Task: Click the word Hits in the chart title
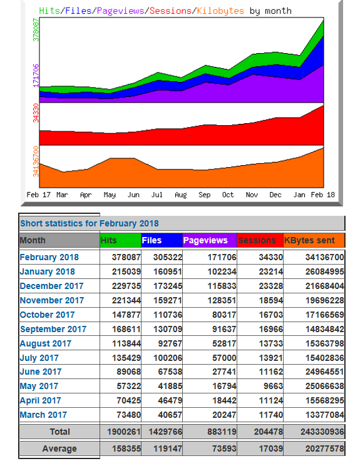click(49, 11)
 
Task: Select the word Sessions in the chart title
click(170, 11)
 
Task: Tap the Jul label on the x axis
click(157, 195)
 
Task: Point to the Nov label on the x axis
click(252, 195)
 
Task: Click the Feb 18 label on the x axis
click(323, 195)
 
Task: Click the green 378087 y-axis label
click(36, 30)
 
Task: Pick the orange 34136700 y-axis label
click(36, 161)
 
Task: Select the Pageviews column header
click(205, 240)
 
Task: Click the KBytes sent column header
click(309, 240)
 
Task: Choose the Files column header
click(152, 240)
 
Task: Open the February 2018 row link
click(49, 257)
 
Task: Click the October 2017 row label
click(48, 315)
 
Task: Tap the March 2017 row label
click(43, 415)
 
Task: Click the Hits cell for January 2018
click(126, 271)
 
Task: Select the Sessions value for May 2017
click(273, 386)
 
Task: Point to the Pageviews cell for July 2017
click(224, 358)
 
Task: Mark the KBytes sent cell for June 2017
click(324, 372)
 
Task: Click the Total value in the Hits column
click(124, 432)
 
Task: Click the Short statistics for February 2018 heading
click(90, 223)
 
